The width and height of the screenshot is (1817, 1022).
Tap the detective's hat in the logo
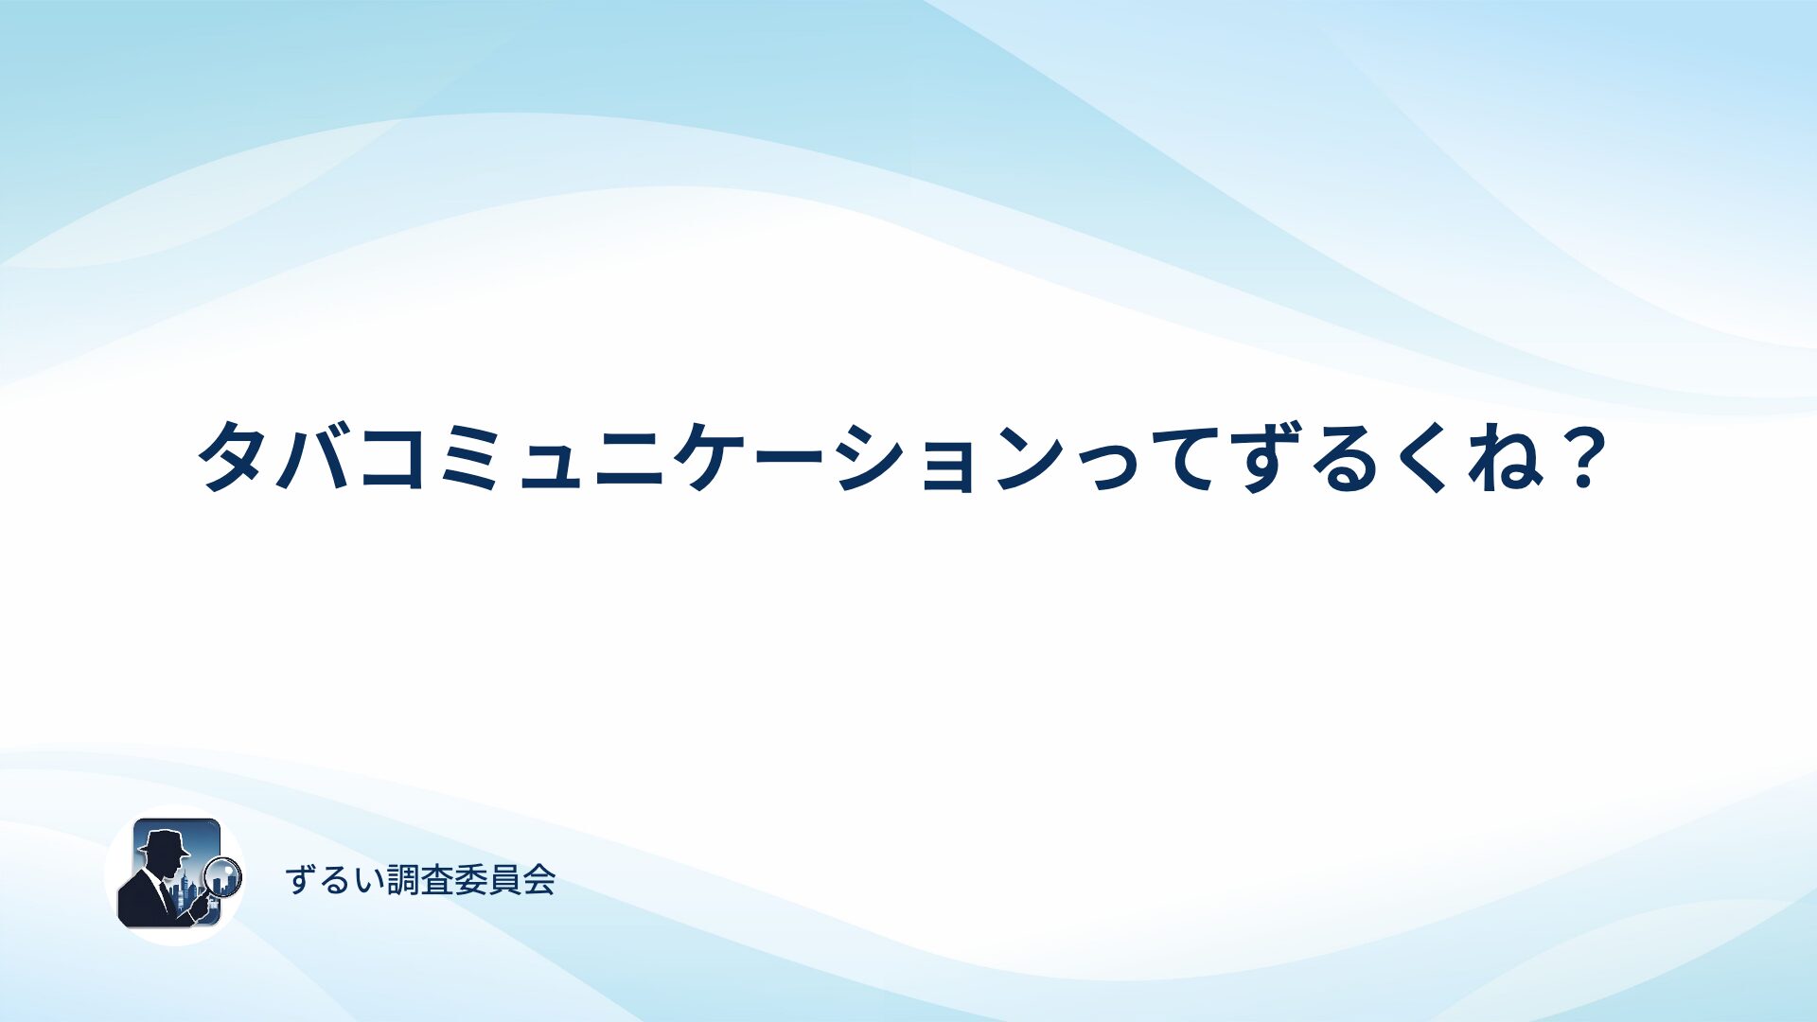(x=164, y=841)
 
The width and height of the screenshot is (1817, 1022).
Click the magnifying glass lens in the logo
(x=223, y=876)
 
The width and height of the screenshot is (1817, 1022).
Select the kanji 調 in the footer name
(x=404, y=880)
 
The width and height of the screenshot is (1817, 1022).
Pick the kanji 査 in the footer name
(x=437, y=880)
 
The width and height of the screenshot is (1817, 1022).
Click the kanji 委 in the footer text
(x=471, y=880)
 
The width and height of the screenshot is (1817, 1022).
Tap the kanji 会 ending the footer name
(x=538, y=880)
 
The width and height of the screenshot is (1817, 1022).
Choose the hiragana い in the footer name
(x=370, y=881)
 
